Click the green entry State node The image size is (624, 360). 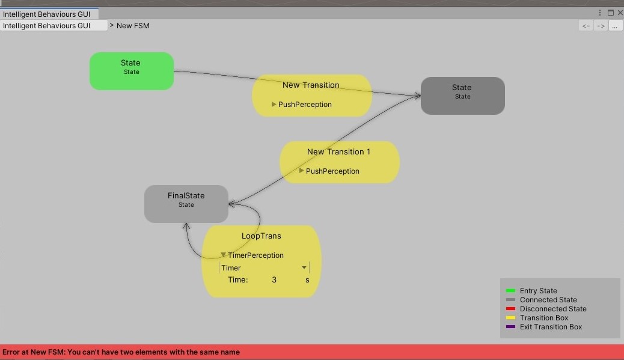tap(131, 71)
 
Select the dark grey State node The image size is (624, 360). tap(463, 96)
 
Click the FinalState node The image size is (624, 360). tap(186, 204)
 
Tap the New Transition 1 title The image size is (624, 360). tap(338, 151)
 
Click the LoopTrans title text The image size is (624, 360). tap(261, 236)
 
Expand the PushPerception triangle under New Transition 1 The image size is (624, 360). tap(301, 171)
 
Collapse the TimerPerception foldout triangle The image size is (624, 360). tap(223, 255)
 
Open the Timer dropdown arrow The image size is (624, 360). tap(304, 267)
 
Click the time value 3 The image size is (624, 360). tap(274, 279)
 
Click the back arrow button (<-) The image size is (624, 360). tap(586, 26)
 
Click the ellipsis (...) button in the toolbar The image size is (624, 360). tap(615, 26)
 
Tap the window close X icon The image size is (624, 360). tap(620, 13)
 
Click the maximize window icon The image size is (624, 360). tap(610, 13)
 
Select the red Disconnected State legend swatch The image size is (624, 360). tap(510, 309)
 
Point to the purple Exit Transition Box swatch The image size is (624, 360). tap(510, 326)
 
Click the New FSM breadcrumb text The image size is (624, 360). tap(133, 25)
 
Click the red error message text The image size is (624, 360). tap(121, 352)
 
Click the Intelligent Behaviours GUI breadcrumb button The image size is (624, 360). tap(54, 25)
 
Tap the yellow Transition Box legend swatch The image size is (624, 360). tap(510, 317)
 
